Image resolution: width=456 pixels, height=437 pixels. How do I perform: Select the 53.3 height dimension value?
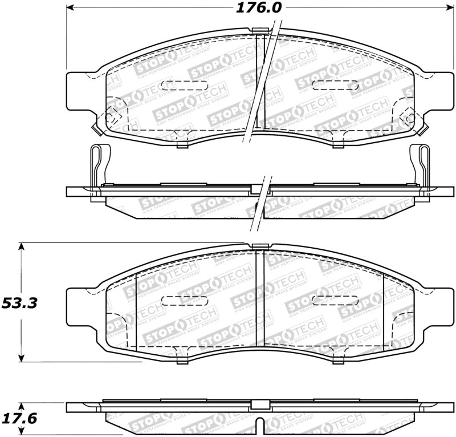coord(19,303)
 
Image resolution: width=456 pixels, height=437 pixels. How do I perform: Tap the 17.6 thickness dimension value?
coord(19,419)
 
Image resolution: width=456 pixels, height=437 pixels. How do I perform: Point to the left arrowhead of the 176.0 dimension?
coord(71,9)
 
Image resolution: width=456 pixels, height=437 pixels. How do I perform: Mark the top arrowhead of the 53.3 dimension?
coord(22,247)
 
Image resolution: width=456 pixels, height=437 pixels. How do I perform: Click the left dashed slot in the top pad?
coord(176,86)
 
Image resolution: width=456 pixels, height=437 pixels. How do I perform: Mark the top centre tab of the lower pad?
coord(260,247)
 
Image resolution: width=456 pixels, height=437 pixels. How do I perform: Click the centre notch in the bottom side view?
coord(259,424)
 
